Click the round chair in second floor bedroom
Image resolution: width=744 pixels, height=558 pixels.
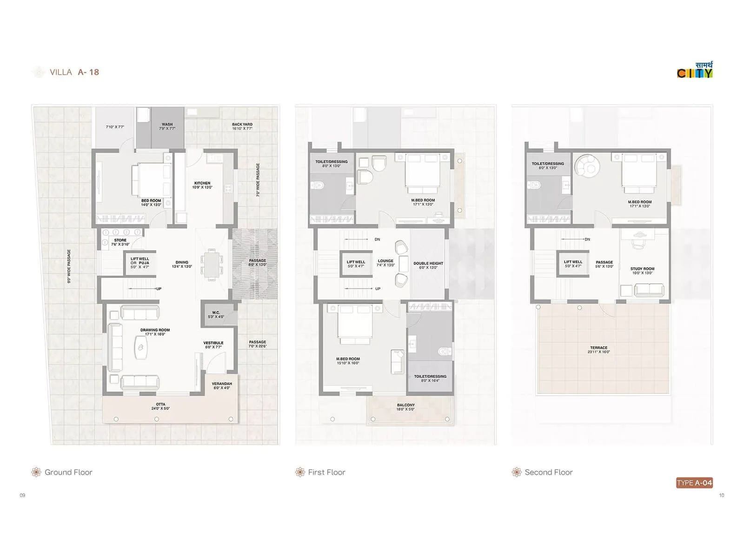586,165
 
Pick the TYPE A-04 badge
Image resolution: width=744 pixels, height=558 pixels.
694,483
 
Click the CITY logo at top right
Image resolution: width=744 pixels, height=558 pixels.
695,71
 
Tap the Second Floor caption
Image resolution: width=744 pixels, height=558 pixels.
548,472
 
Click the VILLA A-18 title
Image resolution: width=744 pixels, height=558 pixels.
74,72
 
